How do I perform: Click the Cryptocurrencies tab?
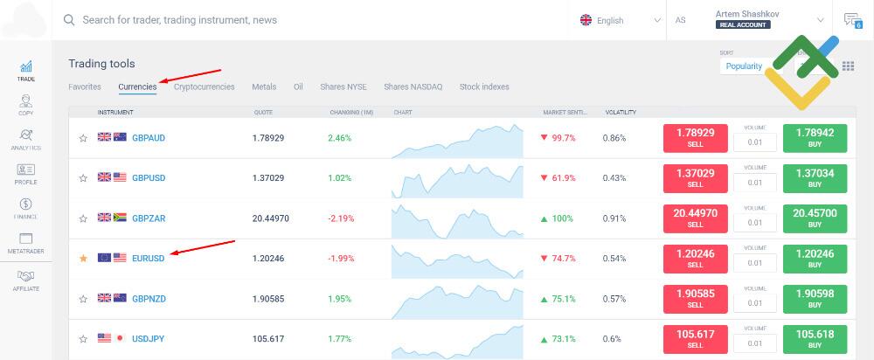pyautogui.click(x=204, y=87)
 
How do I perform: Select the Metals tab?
pyautogui.click(x=264, y=87)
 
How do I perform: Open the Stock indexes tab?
pyautogui.click(x=484, y=87)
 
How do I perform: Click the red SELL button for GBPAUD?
pyautogui.click(x=695, y=138)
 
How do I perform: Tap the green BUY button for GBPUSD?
pyautogui.click(x=815, y=178)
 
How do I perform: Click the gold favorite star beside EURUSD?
pyautogui.click(x=83, y=259)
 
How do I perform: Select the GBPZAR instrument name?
pyautogui.click(x=149, y=218)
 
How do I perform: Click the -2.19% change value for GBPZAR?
pyautogui.click(x=341, y=218)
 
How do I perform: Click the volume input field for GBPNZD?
pyautogui.click(x=754, y=302)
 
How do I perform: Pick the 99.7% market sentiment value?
pyautogui.click(x=563, y=138)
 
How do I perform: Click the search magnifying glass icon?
pyautogui.click(x=69, y=19)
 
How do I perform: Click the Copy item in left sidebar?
pyautogui.click(x=25, y=105)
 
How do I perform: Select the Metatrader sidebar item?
pyautogui.click(x=25, y=243)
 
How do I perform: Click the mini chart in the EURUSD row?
pyautogui.click(x=456, y=259)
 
